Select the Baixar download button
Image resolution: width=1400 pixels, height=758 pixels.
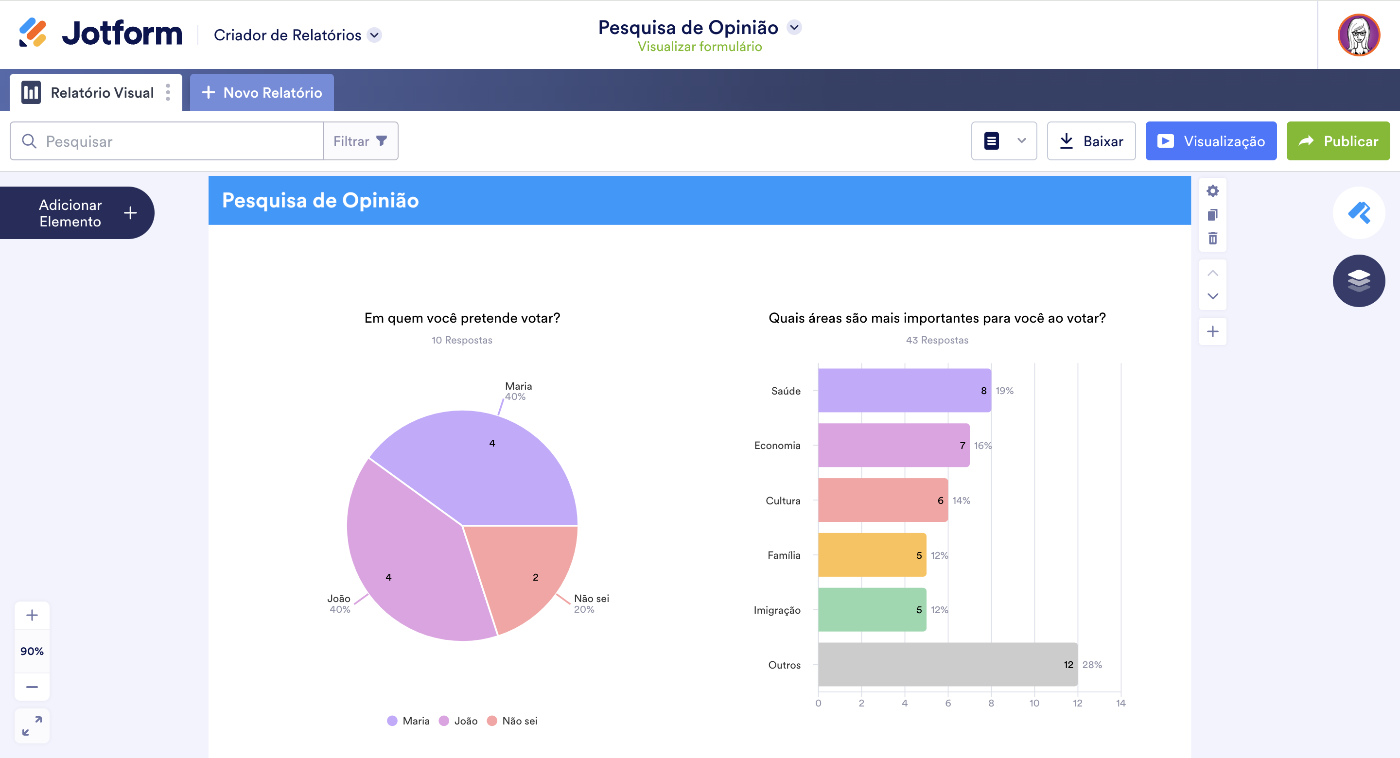click(1091, 141)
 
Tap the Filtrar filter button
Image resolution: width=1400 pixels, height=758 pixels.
click(360, 141)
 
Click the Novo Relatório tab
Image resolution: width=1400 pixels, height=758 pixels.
click(262, 93)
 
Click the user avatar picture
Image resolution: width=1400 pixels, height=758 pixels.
click(1358, 35)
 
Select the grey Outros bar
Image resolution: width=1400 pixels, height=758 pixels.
click(947, 664)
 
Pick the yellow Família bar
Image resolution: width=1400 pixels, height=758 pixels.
click(871, 555)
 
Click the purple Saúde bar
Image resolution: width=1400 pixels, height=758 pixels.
click(904, 390)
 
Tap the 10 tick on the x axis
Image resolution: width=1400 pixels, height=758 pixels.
click(1034, 703)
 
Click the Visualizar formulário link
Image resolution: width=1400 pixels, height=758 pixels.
click(700, 47)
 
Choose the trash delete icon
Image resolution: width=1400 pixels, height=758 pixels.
click(1212, 238)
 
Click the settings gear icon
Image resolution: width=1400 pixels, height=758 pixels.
click(1212, 191)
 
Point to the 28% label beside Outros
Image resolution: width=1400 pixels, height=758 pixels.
click(1092, 665)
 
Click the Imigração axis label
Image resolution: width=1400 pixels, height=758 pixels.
click(777, 610)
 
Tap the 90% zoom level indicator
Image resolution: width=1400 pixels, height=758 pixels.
click(32, 651)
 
